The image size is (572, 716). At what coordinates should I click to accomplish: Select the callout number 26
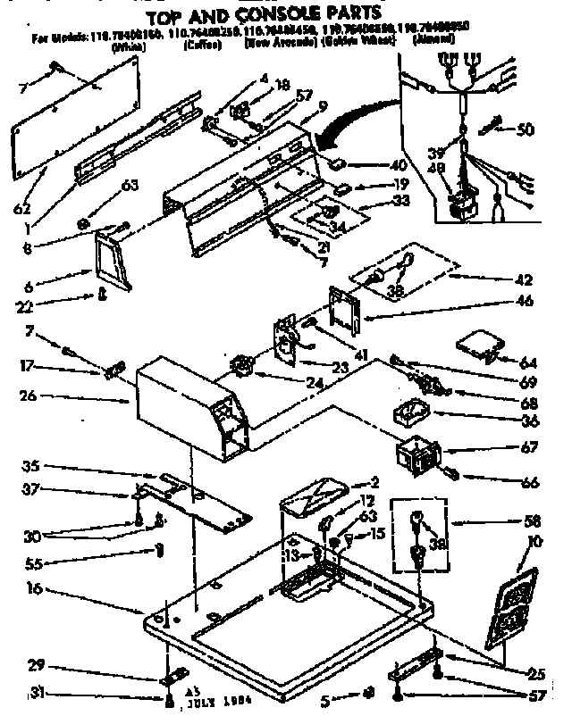pos(29,395)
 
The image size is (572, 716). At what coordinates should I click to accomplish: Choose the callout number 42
pos(524,278)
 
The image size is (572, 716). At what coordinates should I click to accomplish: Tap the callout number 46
pos(525,303)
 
